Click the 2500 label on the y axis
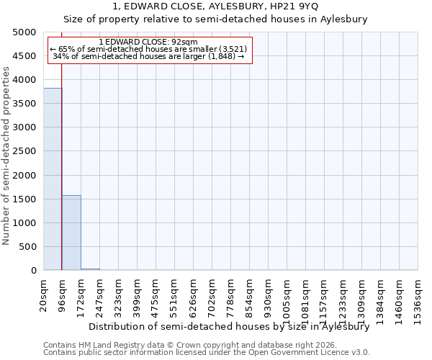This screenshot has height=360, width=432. (x=24, y=151)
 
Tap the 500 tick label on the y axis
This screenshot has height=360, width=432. (x=27, y=247)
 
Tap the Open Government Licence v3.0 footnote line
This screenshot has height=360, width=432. (x=207, y=353)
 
